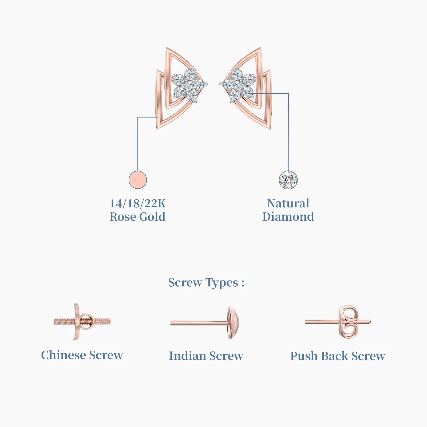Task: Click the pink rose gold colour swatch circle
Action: pos(138,180)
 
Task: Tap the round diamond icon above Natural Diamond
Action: pos(288,180)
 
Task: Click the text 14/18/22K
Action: pos(138,204)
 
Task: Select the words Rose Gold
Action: pos(138,217)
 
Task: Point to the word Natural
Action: pos(288,203)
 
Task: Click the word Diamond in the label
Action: pos(288,217)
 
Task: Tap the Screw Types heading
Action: pos(206,283)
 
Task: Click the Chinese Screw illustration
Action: pos(82,322)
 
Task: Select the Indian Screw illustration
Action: pos(205,323)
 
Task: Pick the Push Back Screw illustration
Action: pos(338,322)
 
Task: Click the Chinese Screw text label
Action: pos(82,355)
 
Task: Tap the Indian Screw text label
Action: pos(206,356)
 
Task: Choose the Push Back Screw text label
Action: pos(338,356)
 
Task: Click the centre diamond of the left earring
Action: pos(189,85)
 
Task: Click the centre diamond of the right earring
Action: pos(238,85)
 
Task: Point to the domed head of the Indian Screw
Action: pos(233,323)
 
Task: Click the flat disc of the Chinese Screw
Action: pos(77,322)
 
